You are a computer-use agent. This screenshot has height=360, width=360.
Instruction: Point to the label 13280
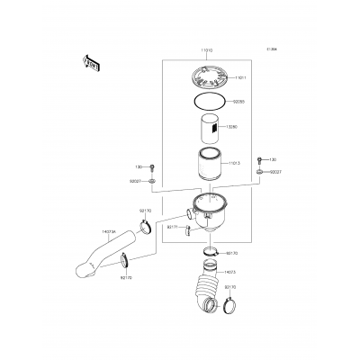231,127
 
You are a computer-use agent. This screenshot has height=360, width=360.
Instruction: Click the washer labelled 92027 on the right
259,171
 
